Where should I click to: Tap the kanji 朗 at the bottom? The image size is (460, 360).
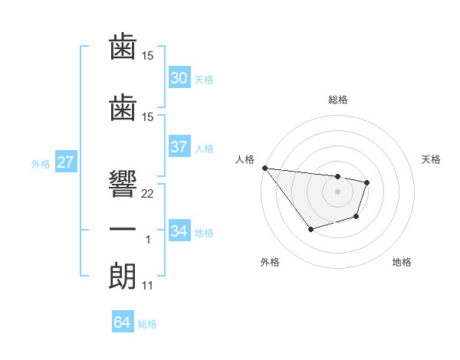pos(123,274)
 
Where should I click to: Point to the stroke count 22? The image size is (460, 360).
pos(148,194)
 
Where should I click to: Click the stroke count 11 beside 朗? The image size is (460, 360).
pos(147,286)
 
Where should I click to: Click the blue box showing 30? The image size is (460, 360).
pos(179,78)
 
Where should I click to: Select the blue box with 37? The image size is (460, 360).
pos(179,148)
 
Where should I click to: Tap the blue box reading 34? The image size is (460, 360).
pos(179,231)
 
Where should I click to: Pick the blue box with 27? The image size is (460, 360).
pos(65,162)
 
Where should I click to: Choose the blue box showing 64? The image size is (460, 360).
pos(122,322)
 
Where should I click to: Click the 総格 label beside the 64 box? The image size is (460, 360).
pos(147,324)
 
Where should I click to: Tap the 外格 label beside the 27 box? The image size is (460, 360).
pos(41,163)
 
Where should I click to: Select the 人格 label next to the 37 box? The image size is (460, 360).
pos(204,149)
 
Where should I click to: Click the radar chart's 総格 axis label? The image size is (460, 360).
pos(337,100)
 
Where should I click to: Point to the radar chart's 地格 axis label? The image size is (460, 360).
pos(402,263)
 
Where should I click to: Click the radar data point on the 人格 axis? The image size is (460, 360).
pos(264,168)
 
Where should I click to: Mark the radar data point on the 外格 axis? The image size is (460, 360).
pos(310,229)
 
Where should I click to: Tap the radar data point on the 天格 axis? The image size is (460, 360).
pos(367,182)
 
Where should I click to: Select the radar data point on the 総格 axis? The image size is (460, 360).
pos(337,177)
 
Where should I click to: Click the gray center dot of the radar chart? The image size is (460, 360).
pos(337,191)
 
